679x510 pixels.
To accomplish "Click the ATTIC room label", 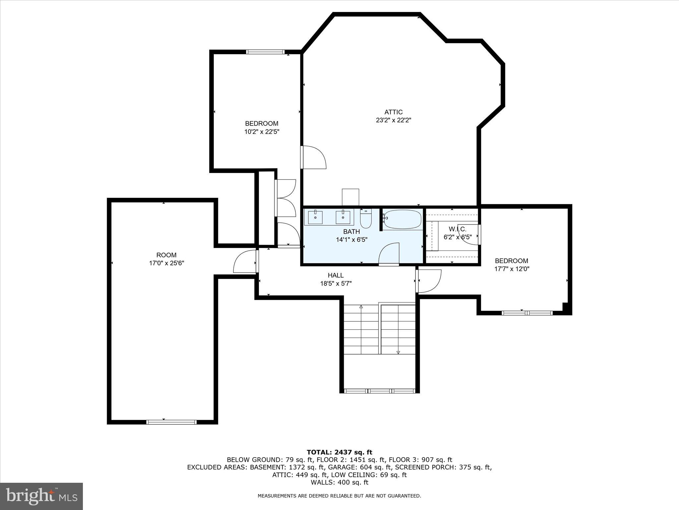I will pyautogui.click(x=393, y=112).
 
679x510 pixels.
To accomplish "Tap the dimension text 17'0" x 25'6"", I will pyautogui.click(x=166, y=263).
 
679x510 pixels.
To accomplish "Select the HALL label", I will pyautogui.click(x=336, y=275).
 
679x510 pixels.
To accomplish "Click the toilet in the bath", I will pyautogui.click(x=366, y=219).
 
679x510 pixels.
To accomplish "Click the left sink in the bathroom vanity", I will pyautogui.click(x=315, y=218).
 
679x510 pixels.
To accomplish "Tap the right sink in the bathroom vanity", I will pyautogui.click(x=343, y=218).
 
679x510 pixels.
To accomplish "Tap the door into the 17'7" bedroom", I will pyautogui.click(x=429, y=281).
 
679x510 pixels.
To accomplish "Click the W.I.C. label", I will pyautogui.click(x=458, y=229).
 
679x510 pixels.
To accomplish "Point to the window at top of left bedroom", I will pyautogui.click(x=265, y=52).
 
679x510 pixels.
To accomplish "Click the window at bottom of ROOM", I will pyautogui.click(x=171, y=422).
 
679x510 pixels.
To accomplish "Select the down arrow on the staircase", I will pyautogui.click(x=398, y=352).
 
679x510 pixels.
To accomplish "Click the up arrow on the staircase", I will pyautogui.click(x=361, y=307).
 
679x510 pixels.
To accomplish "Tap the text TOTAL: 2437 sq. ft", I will pyautogui.click(x=339, y=452).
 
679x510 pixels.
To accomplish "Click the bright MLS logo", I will pyautogui.click(x=41, y=496).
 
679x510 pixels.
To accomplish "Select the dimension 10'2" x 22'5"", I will pyautogui.click(x=262, y=132).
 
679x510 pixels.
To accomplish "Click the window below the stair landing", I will pyautogui.click(x=380, y=391).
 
